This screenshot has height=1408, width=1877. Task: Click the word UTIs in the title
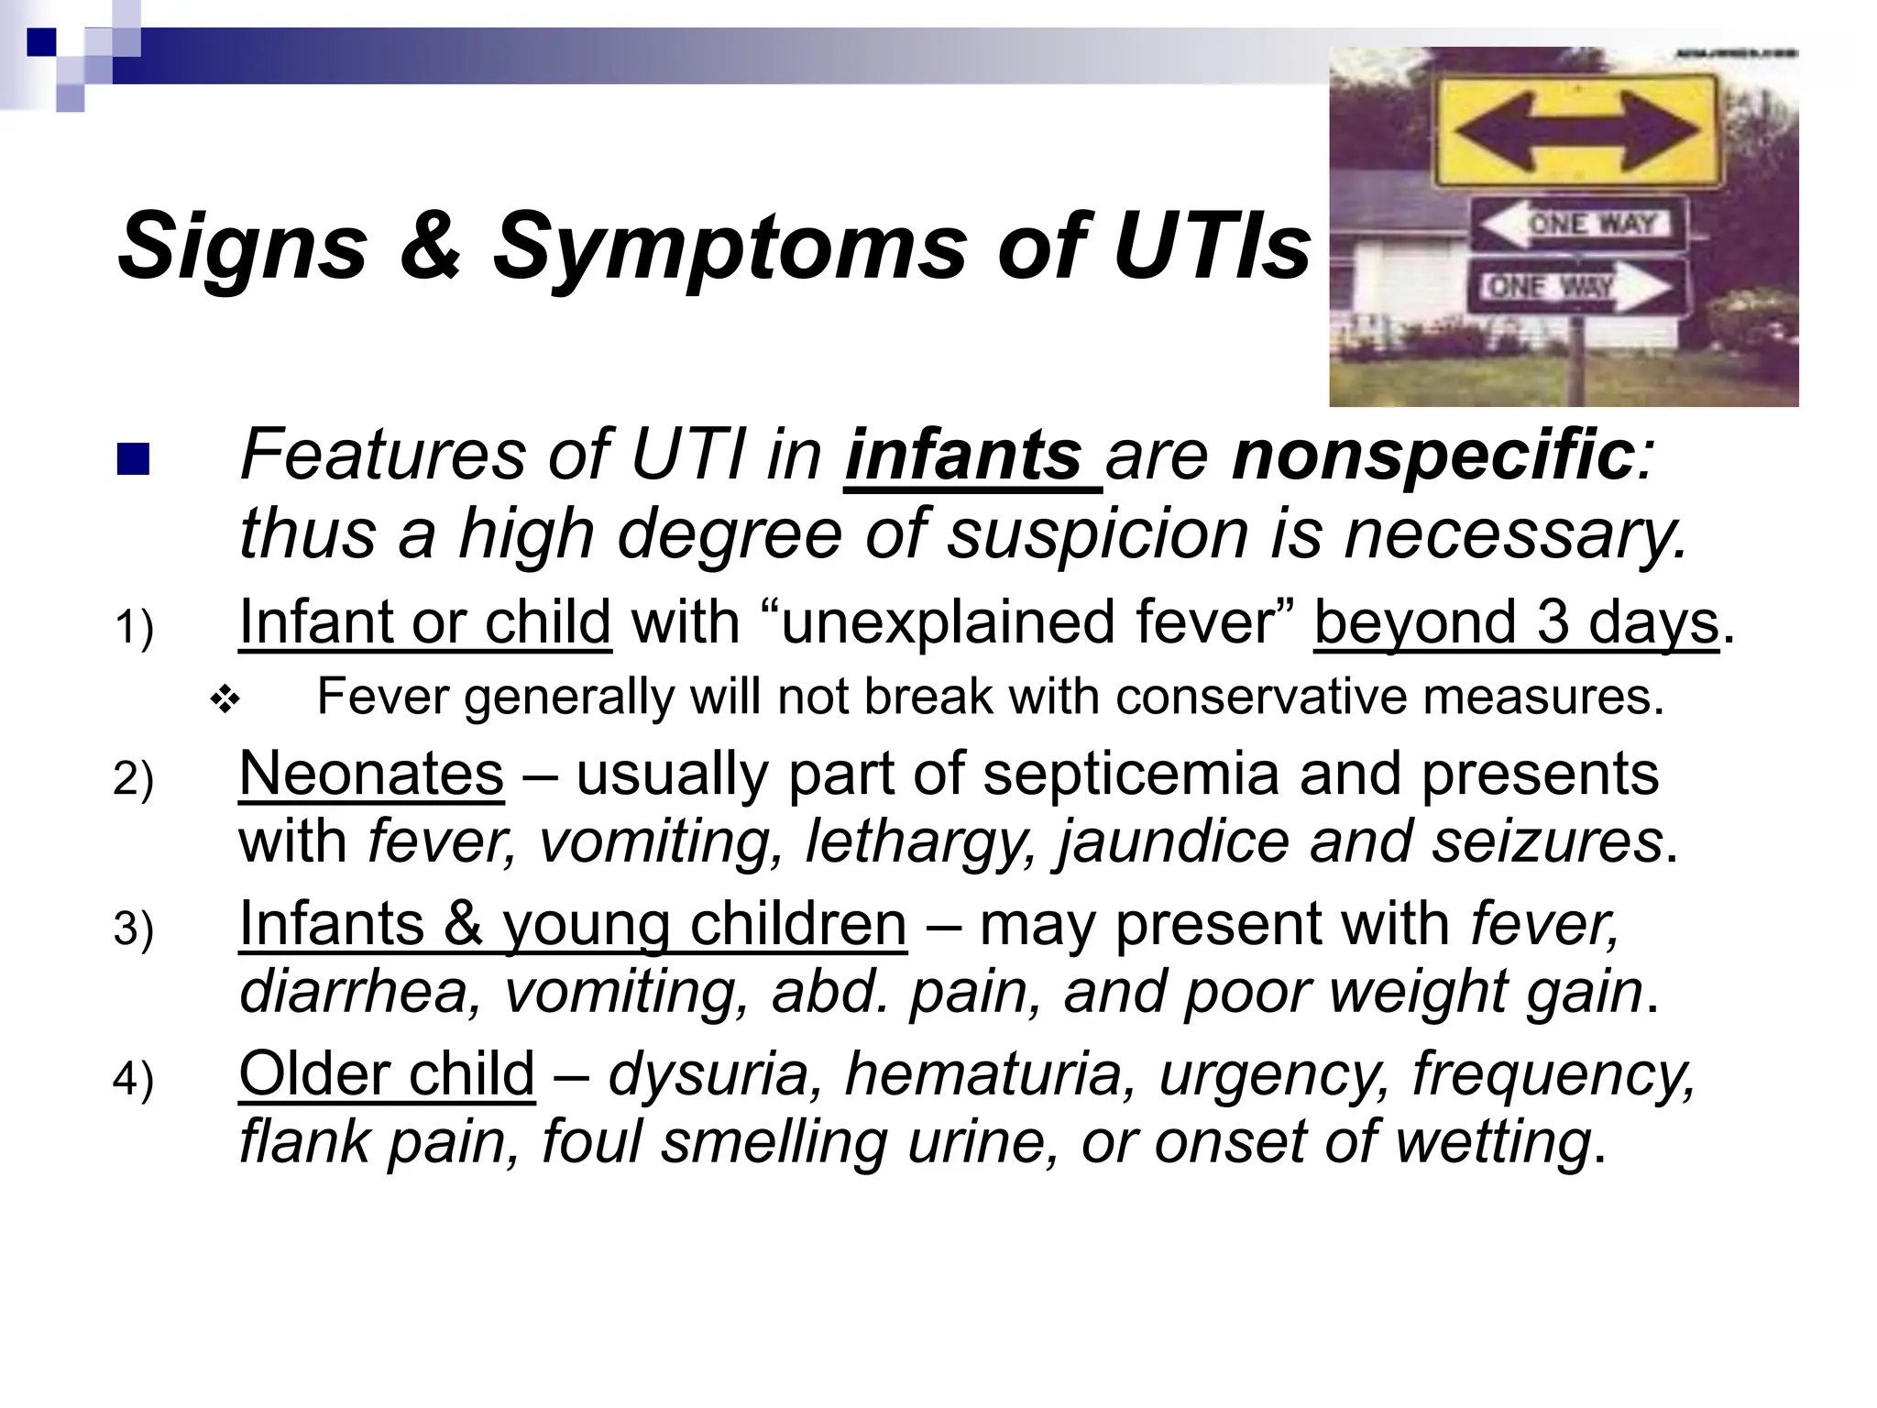click(1212, 246)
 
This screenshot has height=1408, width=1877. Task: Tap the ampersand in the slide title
click(430, 246)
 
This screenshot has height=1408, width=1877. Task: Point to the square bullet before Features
click(133, 460)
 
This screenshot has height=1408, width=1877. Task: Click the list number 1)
click(134, 629)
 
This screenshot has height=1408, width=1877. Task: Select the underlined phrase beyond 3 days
click(1516, 622)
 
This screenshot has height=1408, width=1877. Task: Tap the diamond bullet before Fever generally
click(225, 701)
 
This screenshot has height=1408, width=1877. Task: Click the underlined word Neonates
click(371, 774)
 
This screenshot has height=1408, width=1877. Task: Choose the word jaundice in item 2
click(1173, 841)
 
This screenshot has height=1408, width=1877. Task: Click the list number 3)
click(134, 929)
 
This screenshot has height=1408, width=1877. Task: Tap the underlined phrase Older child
click(387, 1073)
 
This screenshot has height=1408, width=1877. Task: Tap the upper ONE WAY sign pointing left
click(1578, 224)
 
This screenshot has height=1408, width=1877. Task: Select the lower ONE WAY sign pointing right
click(1578, 287)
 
